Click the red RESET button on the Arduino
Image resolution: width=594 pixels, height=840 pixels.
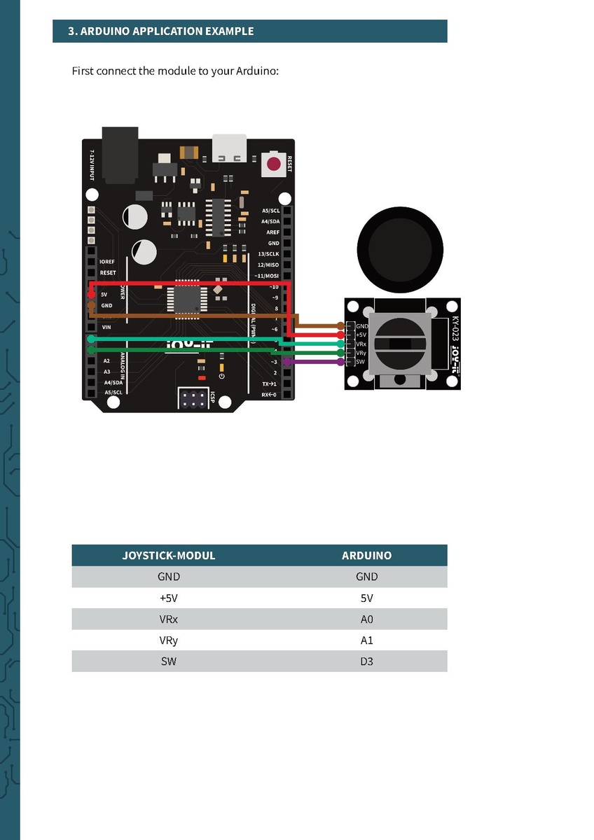(274, 165)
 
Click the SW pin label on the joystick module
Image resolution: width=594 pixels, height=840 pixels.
(361, 362)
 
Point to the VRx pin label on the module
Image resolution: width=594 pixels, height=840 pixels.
(361, 344)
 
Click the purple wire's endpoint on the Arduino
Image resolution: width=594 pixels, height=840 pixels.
(286, 362)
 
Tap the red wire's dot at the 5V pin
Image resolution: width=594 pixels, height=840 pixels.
(91, 295)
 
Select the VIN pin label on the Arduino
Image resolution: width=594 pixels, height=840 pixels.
(106, 327)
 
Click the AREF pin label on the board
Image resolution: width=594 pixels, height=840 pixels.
(272, 232)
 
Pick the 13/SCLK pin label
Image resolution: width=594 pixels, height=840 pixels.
(268, 254)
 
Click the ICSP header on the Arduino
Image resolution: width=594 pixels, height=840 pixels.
(193, 400)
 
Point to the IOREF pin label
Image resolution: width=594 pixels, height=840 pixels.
(107, 261)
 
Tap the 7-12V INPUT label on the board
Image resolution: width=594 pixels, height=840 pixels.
(92, 165)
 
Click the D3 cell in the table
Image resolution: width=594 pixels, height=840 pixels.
(366, 661)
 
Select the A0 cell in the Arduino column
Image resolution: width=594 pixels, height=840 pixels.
(366, 619)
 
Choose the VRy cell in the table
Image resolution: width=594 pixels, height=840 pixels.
(169, 640)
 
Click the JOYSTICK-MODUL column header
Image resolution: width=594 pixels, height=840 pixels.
(169, 556)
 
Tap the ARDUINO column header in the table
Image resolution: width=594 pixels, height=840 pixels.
(366, 556)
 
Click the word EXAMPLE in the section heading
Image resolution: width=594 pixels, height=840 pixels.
(229, 31)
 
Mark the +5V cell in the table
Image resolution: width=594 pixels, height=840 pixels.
(169, 598)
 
